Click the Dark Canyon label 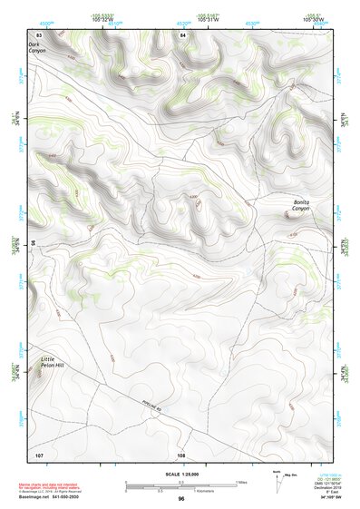coord(35,47)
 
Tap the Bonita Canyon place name coord(300,205)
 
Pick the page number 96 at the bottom coord(181,499)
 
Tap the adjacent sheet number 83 coord(39,34)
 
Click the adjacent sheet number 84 coord(182,34)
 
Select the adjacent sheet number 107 coord(39,454)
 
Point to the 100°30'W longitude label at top coord(314,18)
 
